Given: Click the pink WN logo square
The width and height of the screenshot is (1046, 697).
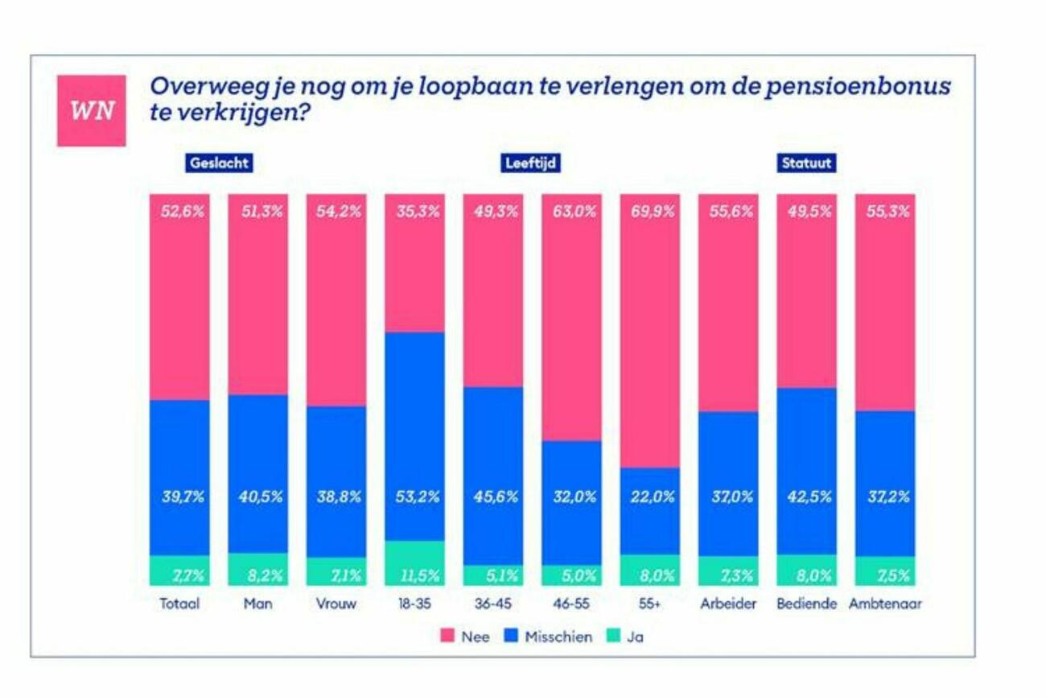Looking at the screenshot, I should coord(91,110).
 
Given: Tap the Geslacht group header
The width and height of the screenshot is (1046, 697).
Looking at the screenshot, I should coord(219,163).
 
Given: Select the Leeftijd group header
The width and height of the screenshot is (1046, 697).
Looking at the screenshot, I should coord(531,163).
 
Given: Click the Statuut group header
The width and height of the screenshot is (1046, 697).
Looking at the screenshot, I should coord(806,163).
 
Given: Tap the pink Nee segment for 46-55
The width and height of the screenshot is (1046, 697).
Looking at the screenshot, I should coord(571,322).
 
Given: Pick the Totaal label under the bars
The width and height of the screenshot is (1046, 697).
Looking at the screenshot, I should coord(179,604).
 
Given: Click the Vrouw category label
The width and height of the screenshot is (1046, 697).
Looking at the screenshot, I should coord(336,604).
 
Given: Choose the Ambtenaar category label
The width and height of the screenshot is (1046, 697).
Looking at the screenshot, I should coord(885,604).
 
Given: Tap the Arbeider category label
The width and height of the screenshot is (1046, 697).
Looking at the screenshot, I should coord(728,604).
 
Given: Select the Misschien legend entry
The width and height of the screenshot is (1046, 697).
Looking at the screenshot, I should coord(549,637).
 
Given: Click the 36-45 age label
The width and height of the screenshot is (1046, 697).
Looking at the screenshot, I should coord(492,604).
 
